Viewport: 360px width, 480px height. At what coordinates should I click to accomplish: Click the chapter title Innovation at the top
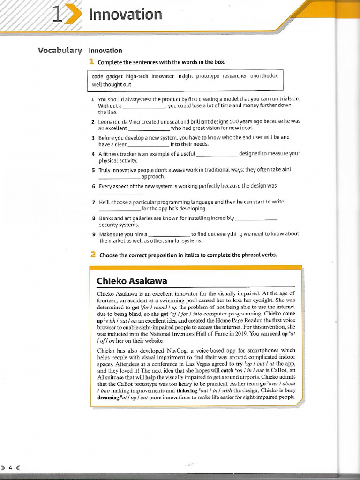[125, 15]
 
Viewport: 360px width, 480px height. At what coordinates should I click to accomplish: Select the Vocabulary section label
[60, 51]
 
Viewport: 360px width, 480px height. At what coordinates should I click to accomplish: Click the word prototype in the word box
[208, 76]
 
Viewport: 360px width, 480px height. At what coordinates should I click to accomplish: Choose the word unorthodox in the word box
[264, 76]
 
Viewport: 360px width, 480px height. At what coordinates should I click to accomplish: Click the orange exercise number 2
[93, 255]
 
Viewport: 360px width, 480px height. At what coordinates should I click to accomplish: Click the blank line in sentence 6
[120, 193]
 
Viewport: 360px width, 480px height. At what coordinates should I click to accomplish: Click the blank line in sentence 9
[169, 234]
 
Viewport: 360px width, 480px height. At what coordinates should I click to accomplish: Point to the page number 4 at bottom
[10, 467]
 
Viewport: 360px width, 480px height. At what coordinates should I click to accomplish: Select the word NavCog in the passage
[163, 350]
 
